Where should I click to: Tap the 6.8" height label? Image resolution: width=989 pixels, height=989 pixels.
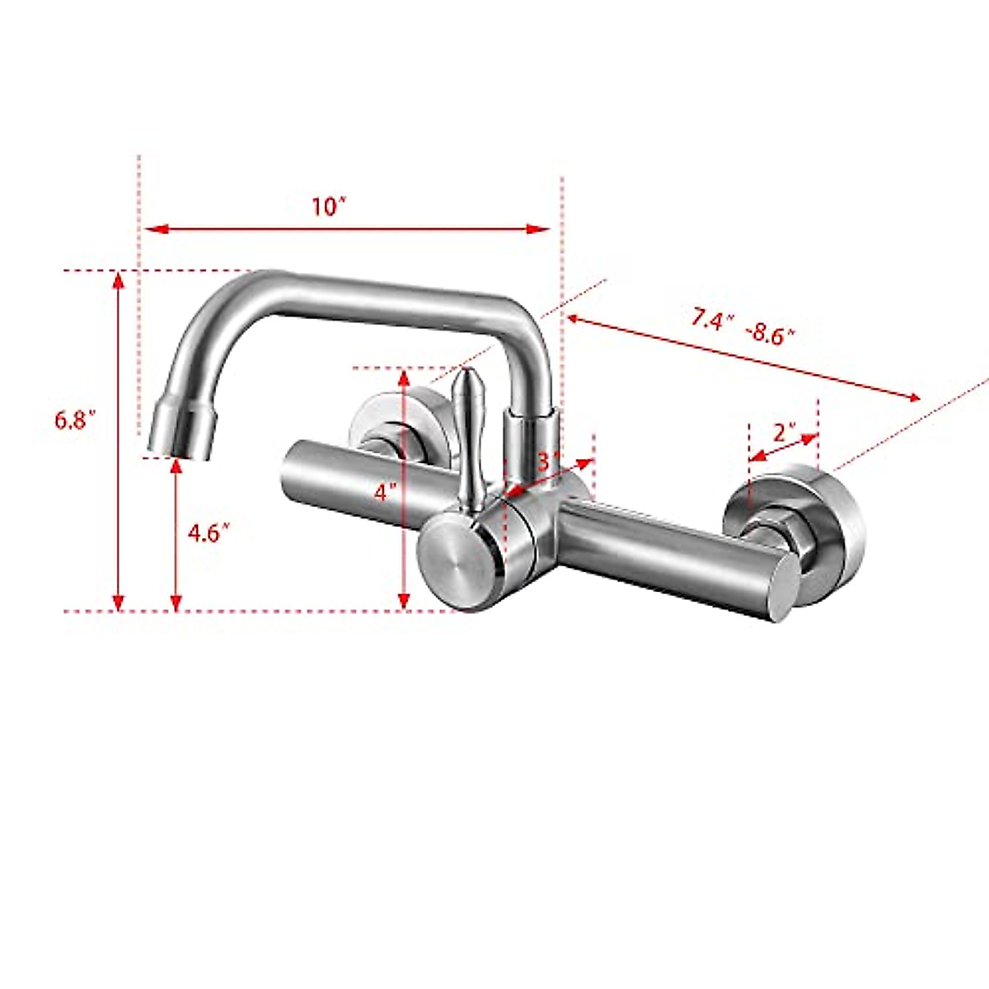[x=76, y=420]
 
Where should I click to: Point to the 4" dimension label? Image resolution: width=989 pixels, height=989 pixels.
[x=384, y=492]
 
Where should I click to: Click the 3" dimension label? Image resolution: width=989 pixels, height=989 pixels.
[x=549, y=461]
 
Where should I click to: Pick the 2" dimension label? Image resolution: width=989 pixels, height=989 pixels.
[x=784, y=431]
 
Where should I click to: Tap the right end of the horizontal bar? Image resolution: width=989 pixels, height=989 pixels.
[x=779, y=587]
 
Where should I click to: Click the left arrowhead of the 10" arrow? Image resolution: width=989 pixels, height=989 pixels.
[x=152, y=229]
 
